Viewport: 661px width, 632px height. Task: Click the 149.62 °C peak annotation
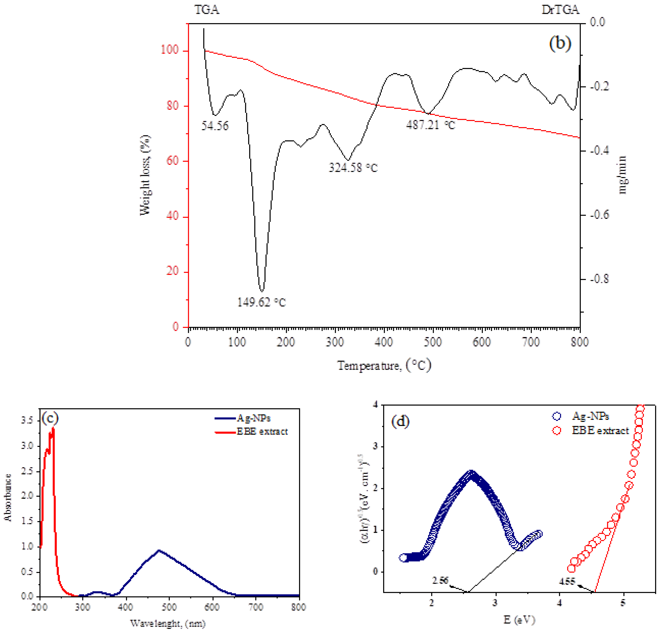pos(261,302)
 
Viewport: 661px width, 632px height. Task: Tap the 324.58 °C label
pos(353,167)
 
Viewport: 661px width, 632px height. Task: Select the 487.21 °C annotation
pos(430,125)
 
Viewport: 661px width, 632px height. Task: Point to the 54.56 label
pos(215,126)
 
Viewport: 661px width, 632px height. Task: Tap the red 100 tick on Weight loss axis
pos(170,50)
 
